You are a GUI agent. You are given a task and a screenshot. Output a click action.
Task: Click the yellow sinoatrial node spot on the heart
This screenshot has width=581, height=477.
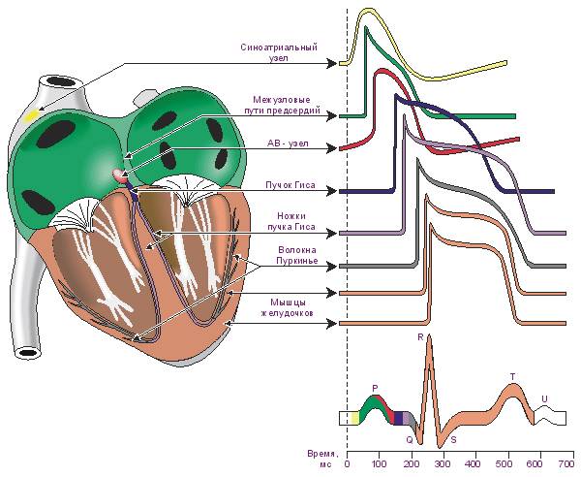32,115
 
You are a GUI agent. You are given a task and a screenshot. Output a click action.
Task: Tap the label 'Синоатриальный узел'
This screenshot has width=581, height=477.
279,52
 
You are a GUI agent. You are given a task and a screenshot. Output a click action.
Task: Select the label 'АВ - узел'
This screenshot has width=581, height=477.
288,143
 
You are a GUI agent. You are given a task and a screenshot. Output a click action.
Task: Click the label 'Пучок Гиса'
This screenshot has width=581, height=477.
290,185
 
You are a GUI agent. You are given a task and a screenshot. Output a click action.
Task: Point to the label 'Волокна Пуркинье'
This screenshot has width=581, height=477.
297,255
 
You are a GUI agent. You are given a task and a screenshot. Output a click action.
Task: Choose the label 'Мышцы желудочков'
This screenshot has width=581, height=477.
288,307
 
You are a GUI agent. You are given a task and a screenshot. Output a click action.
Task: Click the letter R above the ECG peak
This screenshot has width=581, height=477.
420,337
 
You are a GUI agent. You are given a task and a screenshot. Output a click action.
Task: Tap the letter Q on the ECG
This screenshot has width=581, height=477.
410,440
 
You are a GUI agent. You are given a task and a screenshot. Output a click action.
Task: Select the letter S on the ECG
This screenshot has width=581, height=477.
453,440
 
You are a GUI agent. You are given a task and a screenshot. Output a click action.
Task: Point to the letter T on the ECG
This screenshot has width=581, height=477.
513,377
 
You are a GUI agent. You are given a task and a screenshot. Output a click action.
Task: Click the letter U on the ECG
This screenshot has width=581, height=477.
544,399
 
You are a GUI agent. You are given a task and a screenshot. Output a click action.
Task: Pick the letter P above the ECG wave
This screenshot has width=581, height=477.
375,389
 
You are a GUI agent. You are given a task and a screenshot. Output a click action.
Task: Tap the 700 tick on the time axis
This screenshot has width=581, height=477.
566,463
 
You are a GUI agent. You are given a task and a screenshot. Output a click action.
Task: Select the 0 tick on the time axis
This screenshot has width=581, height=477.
348,463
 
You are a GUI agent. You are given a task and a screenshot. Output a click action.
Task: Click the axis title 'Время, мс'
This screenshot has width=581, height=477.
322,459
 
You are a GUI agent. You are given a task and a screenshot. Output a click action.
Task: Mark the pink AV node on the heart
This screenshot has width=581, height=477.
118,175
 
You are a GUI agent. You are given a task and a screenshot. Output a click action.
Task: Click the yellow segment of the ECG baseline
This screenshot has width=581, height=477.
354,418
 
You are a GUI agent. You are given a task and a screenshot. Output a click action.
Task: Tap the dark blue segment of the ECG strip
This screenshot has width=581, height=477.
399,418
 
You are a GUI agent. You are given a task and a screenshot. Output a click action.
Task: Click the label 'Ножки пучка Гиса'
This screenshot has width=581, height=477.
296,221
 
